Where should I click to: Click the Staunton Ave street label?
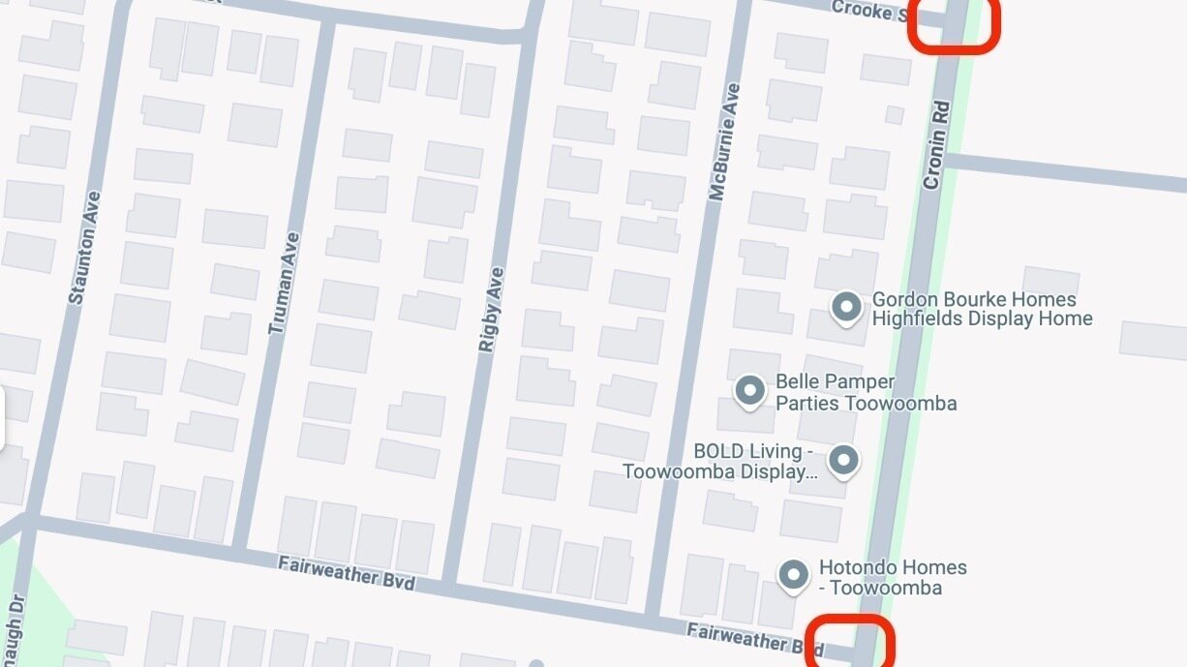pos(85,248)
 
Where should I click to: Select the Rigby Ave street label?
pos(491,308)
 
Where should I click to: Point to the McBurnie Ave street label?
pos(724,142)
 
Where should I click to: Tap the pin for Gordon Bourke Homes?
pos(847,308)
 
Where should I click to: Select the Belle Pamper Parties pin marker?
pos(749,390)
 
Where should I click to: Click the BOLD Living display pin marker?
pos(844,460)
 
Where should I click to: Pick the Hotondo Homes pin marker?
pos(794,574)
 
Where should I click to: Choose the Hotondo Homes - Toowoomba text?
pos(892,577)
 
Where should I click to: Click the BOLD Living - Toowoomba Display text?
pos(718,462)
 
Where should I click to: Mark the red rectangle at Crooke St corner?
pos(954,24)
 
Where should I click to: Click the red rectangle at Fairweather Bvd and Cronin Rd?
pos(851,641)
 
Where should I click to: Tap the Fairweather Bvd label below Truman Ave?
pos(346,572)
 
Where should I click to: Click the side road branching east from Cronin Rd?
pos(1065,173)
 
